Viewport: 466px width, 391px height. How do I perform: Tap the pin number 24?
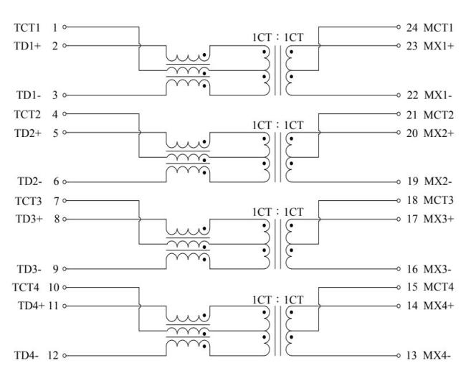pyautogui.click(x=412, y=28)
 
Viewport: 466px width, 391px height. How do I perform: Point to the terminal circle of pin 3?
pyautogui.click(x=65, y=95)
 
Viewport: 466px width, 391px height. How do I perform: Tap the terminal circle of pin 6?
pyautogui.click(x=65, y=182)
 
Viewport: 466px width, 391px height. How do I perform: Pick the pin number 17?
pyautogui.click(x=412, y=219)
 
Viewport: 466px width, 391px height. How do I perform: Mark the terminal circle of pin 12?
pyautogui.click(x=65, y=355)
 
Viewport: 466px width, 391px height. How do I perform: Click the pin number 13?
pyautogui.click(x=412, y=355)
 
